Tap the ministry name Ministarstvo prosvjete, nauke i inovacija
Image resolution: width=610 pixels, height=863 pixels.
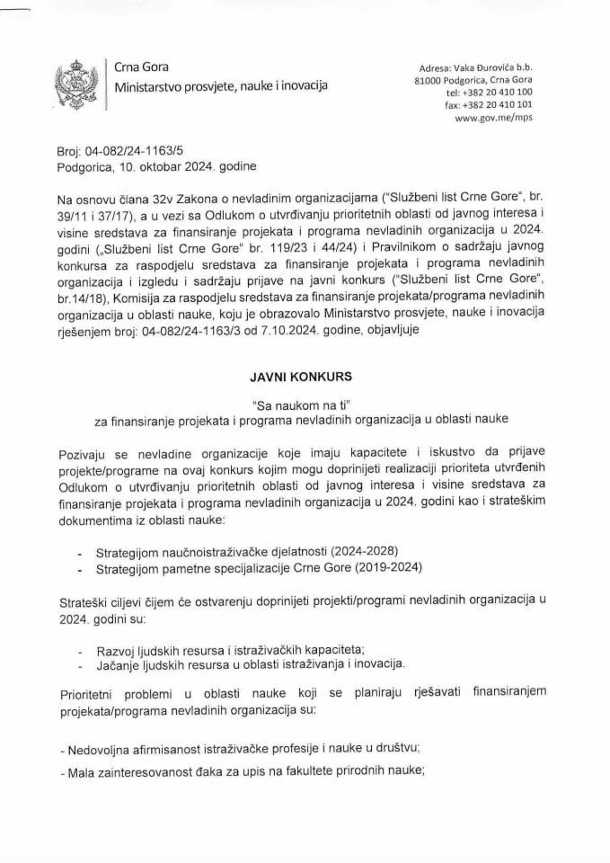click(x=220, y=87)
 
